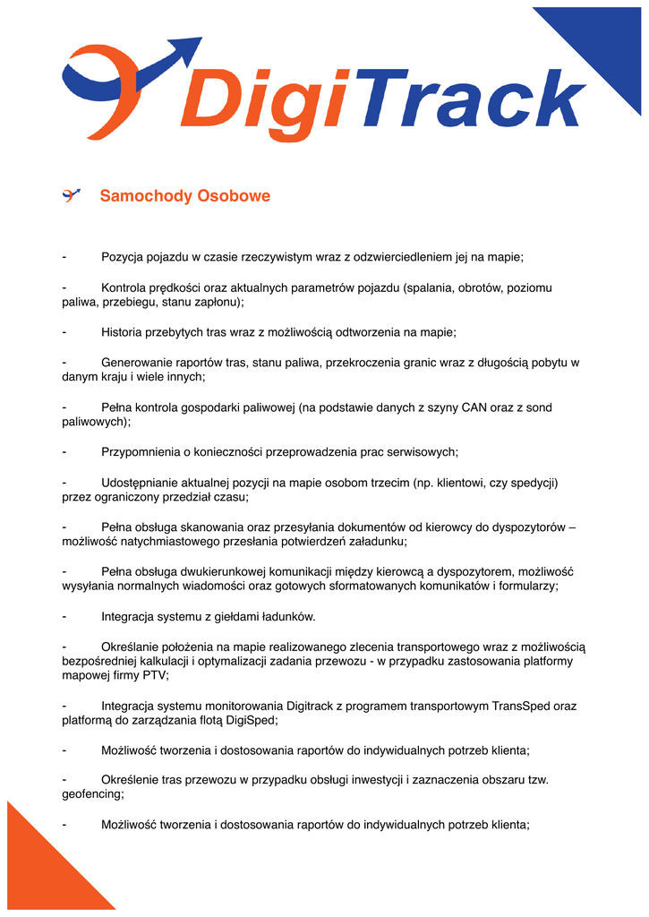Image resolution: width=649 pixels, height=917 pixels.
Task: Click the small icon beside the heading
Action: tap(71, 195)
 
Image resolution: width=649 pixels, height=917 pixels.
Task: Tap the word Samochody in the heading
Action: tap(145, 195)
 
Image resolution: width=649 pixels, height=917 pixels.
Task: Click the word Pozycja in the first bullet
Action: tap(123, 257)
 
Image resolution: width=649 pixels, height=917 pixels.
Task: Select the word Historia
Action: tap(124, 332)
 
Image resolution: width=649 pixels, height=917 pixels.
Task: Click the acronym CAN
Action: tap(474, 407)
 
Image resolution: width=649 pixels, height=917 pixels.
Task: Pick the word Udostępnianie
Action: tap(143, 483)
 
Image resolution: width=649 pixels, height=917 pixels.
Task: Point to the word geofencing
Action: tap(91, 793)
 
